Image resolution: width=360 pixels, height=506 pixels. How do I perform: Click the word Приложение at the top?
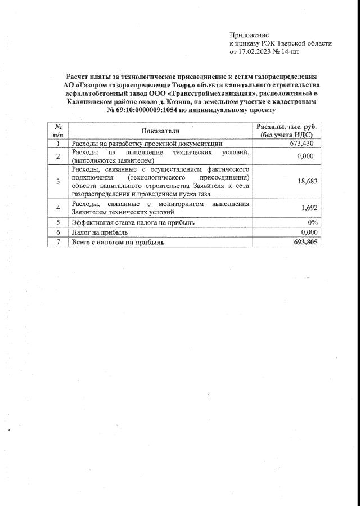[x=249, y=35]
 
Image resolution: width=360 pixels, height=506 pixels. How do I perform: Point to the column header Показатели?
[x=160, y=131]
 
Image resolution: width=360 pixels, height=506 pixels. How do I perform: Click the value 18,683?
[x=304, y=181]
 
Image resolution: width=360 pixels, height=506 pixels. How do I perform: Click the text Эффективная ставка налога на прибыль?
[x=132, y=222]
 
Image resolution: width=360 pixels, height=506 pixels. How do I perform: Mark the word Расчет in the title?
[x=78, y=76]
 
